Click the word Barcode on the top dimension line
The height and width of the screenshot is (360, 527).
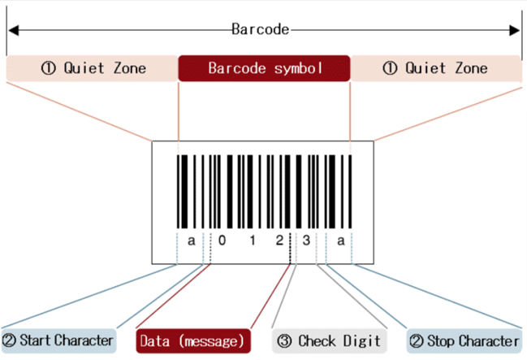261,30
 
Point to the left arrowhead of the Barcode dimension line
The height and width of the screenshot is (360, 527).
12,30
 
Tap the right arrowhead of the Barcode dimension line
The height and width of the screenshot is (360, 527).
516,30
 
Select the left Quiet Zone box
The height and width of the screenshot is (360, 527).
91,68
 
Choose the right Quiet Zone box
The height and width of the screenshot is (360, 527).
436,68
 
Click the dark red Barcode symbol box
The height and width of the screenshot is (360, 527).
264,68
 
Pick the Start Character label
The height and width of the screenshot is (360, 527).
58,340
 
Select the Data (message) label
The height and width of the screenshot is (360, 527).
192,340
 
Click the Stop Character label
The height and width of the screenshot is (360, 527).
464,340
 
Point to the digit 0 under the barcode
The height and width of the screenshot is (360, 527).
221,241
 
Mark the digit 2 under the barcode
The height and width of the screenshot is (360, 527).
280,241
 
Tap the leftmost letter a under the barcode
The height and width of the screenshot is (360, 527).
192,241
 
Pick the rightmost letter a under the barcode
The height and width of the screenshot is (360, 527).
340,241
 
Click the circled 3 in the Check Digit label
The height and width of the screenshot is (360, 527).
283,340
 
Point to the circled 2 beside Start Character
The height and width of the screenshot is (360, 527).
11,340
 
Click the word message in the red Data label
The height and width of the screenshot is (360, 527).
210,340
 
